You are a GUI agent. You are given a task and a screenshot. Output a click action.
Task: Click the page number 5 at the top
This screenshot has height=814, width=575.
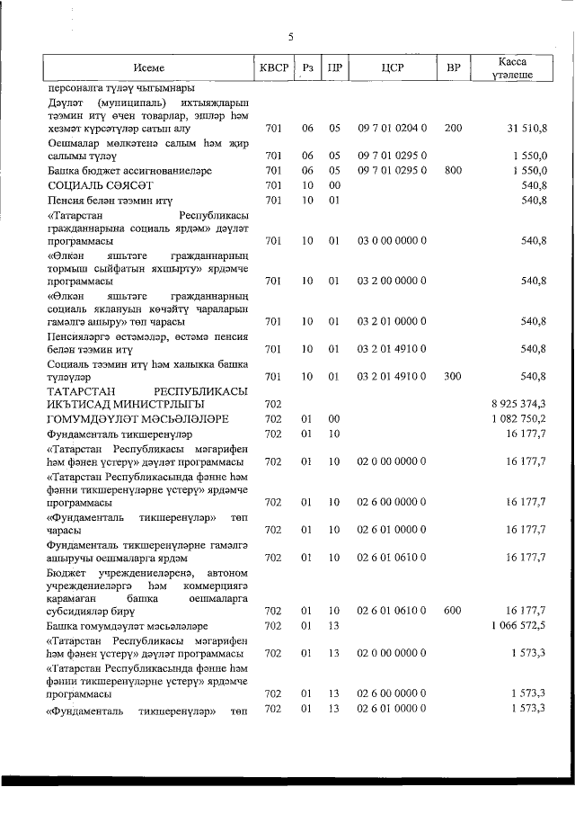[290, 37]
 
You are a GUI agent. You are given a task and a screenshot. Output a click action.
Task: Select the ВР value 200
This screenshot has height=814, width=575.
[454, 129]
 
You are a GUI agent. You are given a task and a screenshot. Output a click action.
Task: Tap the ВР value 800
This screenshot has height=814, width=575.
[454, 169]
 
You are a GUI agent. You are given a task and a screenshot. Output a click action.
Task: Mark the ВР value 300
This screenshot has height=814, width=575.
[454, 376]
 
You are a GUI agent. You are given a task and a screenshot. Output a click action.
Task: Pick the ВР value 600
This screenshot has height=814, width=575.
[454, 611]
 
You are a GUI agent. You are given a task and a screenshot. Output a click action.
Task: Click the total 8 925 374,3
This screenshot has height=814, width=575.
[519, 404]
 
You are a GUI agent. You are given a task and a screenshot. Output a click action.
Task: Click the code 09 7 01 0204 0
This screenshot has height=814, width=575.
[391, 129]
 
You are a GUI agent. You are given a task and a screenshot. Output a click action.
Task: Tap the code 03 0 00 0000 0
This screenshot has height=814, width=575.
[391, 240]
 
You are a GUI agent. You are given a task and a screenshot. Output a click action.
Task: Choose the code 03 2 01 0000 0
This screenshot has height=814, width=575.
[391, 321]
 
